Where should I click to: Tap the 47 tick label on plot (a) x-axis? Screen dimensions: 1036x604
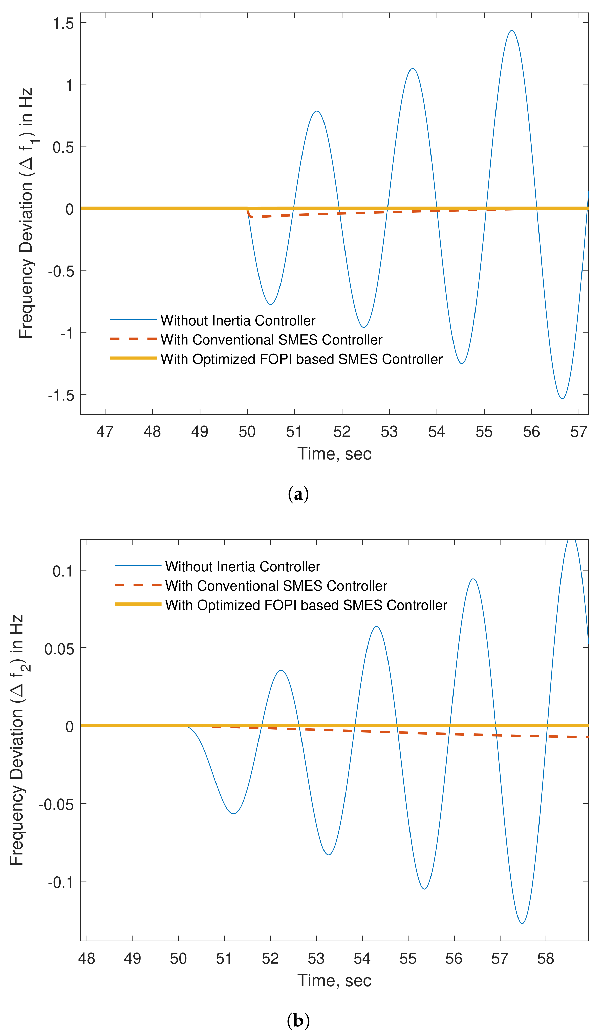105,432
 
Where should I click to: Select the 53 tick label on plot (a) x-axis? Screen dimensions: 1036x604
389,432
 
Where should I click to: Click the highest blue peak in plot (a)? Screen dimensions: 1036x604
512,30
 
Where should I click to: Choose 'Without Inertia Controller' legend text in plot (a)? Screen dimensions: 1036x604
238,320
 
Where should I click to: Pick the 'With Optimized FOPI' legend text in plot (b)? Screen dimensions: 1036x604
306,605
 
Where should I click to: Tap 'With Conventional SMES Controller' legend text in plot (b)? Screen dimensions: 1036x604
276,586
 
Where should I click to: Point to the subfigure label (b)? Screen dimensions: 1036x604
298,1020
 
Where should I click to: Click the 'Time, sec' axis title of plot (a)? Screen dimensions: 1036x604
334,454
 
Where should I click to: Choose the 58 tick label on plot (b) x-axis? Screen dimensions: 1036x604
546,959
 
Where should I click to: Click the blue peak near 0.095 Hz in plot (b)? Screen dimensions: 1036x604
473,579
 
